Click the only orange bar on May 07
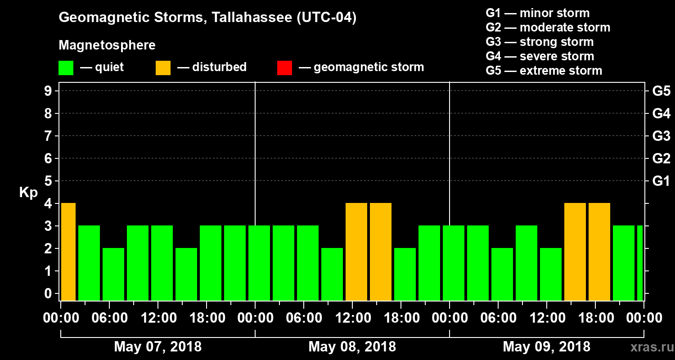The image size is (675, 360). pos(68,252)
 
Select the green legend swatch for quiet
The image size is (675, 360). pos(66,67)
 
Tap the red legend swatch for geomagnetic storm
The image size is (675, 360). pos(284,67)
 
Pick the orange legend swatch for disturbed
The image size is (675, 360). pos(163,67)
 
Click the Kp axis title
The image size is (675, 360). pos(28,193)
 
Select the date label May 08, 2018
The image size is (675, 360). pos(352,346)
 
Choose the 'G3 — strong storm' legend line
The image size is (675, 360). pos(540,42)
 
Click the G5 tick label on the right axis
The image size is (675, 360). pos(661,91)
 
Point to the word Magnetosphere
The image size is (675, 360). pos(107,45)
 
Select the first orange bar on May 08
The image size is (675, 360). pos(356,252)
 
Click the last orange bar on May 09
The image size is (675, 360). pos(599,252)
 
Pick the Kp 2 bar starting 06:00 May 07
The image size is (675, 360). pos(113,274)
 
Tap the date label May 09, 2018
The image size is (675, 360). pos(546,346)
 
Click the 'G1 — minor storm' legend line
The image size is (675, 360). pos(537,13)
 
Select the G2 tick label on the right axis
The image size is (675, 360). pos(661,158)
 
